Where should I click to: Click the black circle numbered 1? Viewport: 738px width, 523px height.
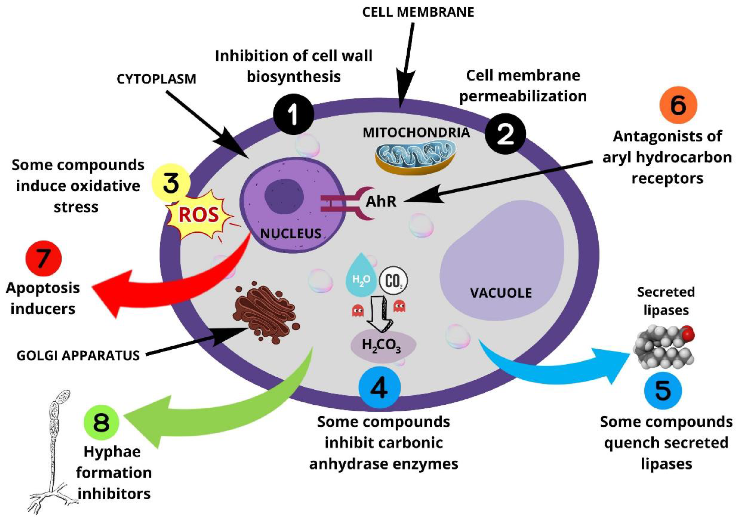pyautogui.click(x=293, y=114)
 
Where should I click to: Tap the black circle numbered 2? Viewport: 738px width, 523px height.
pyautogui.click(x=505, y=134)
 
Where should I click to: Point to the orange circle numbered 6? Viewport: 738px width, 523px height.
pyautogui.click(x=678, y=105)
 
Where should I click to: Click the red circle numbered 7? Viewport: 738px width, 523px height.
pyautogui.click(x=43, y=258)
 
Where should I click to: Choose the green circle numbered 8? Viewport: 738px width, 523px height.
pyautogui.click(x=101, y=422)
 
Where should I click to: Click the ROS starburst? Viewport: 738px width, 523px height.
pyautogui.click(x=199, y=214)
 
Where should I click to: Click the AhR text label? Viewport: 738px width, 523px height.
pyautogui.click(x=381, y=202)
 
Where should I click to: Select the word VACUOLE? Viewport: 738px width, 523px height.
pyautogui.click(x=501, y=293)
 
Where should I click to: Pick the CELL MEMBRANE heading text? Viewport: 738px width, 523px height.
pyautogui.click(x=418, y=12)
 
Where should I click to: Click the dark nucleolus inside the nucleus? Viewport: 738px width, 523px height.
pyautogui.click(x=284, y=197)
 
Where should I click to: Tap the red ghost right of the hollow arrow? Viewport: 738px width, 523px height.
pyautogui.click(x=399, y=305)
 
